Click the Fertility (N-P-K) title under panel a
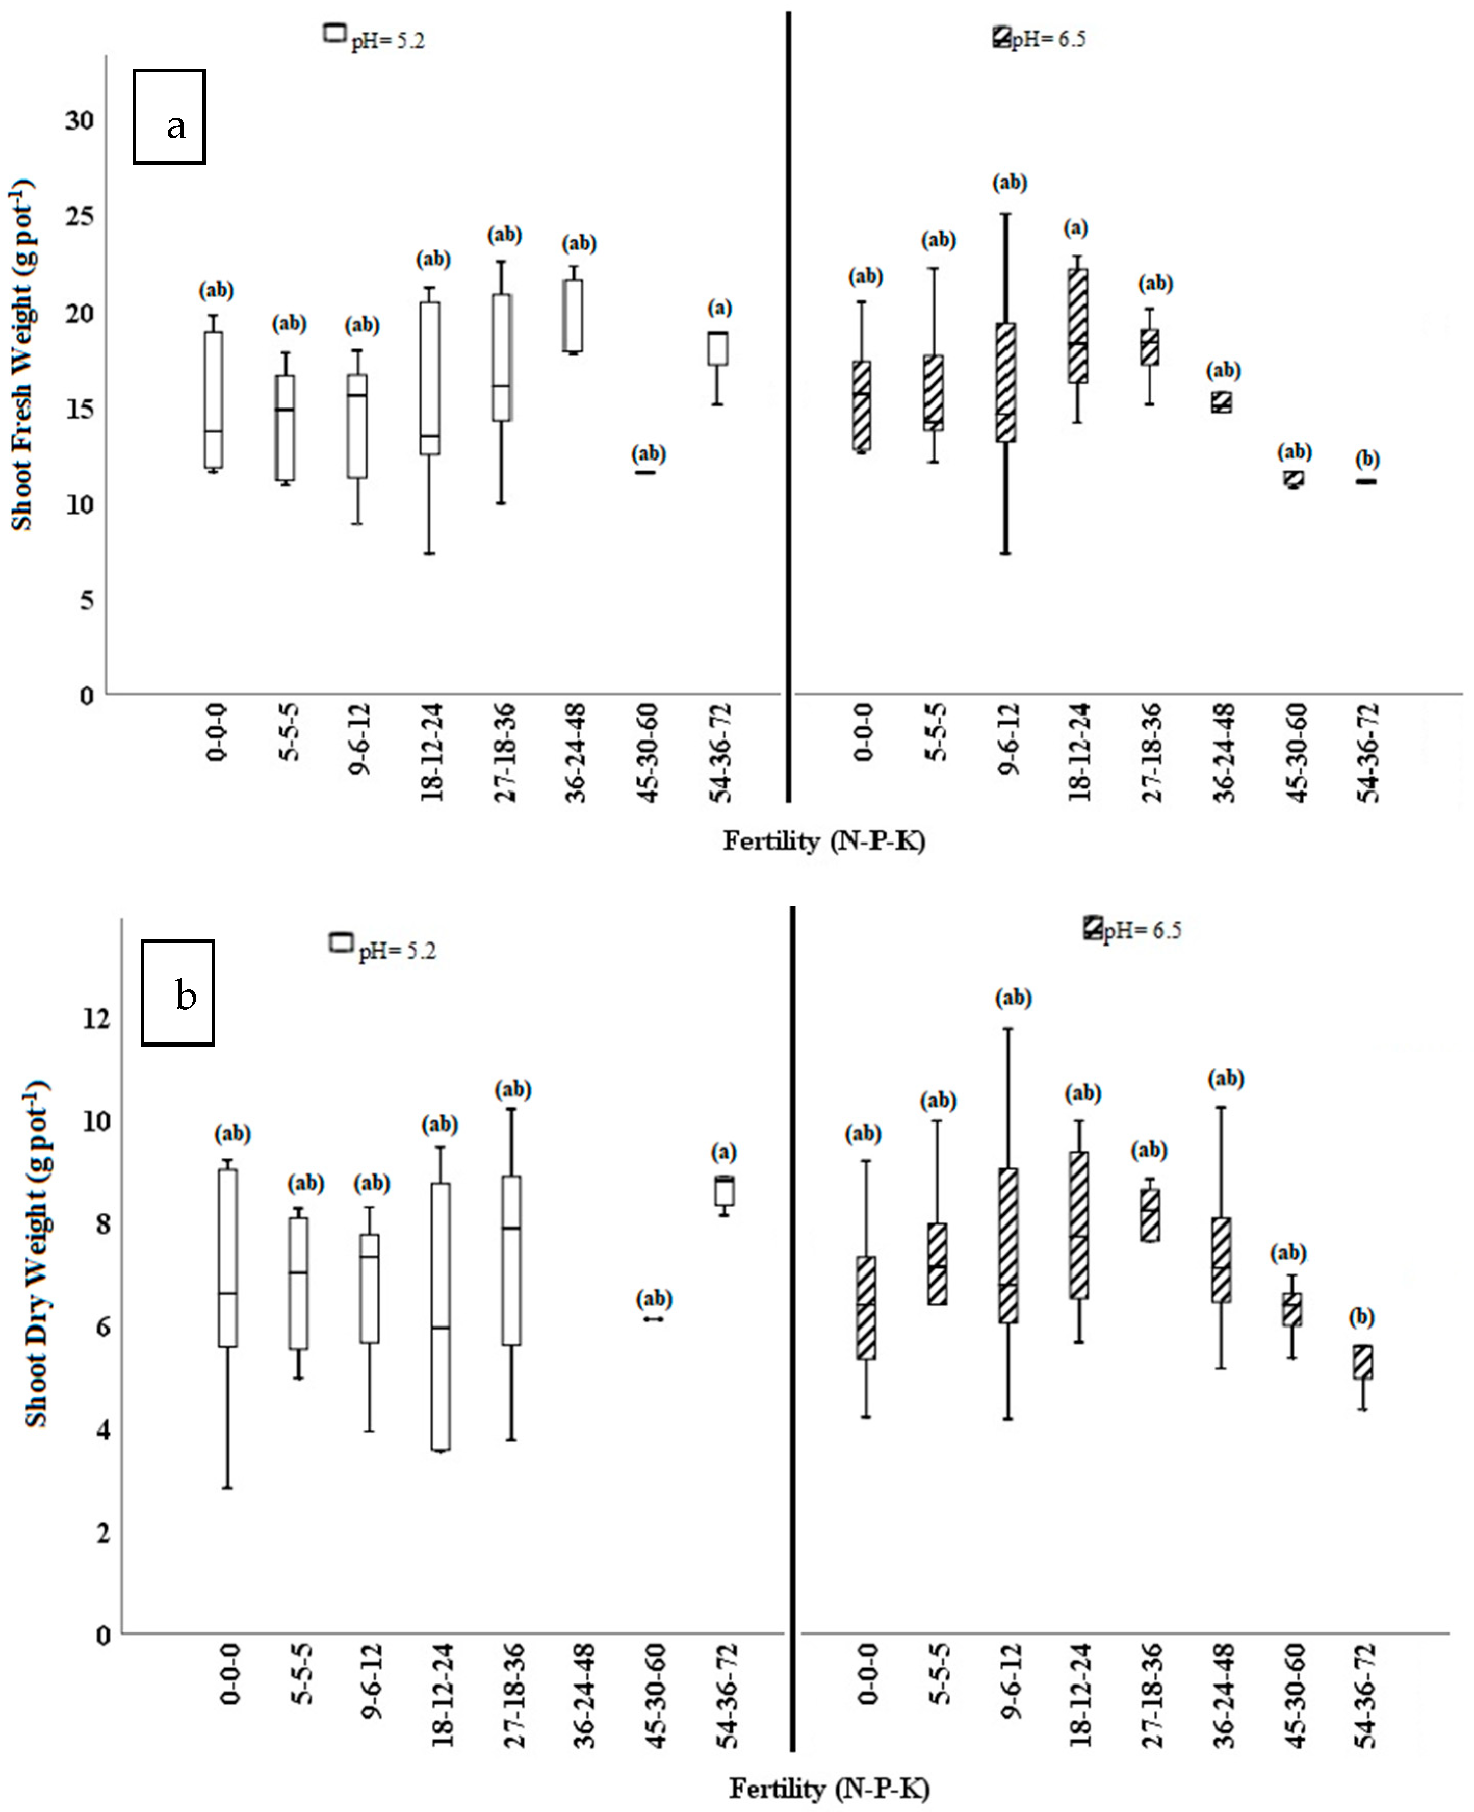[823, 840]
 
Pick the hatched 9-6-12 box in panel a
[1006, 382]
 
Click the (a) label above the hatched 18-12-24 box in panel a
[1076, 228]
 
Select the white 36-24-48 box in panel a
[574, 315]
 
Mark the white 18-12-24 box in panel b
[441, 1317]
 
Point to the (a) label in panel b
[723, 1152]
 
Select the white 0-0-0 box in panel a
[214, 400]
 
